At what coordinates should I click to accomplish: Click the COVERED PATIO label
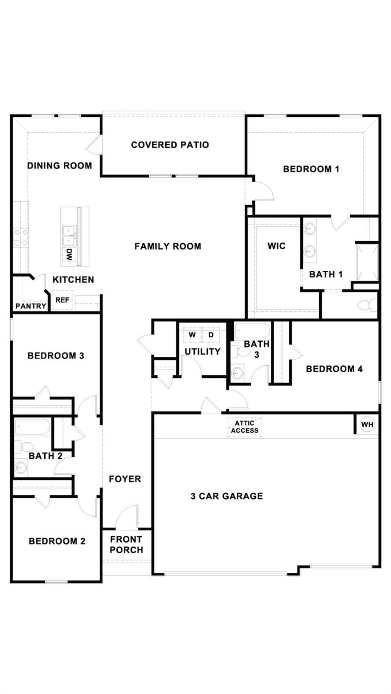(170, 145)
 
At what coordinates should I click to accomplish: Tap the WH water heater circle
(367, 424)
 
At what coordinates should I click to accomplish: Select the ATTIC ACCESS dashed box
(245, 427)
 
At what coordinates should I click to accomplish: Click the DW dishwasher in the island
(69, 254)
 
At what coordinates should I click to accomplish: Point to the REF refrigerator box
(62, 300)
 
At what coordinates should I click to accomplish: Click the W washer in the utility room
(192, 335)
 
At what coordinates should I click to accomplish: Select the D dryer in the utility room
(211, 335)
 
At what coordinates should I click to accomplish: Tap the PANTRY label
(31, 306)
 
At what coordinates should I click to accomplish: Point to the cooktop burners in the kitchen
(21, 237)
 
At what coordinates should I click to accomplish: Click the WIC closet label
(276, 246)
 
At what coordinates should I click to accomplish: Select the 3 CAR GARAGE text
(227, 496)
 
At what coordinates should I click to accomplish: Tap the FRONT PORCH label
(126, 545)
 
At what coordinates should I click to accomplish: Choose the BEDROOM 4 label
(334, 369)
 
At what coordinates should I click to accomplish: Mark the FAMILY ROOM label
(168, 246)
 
